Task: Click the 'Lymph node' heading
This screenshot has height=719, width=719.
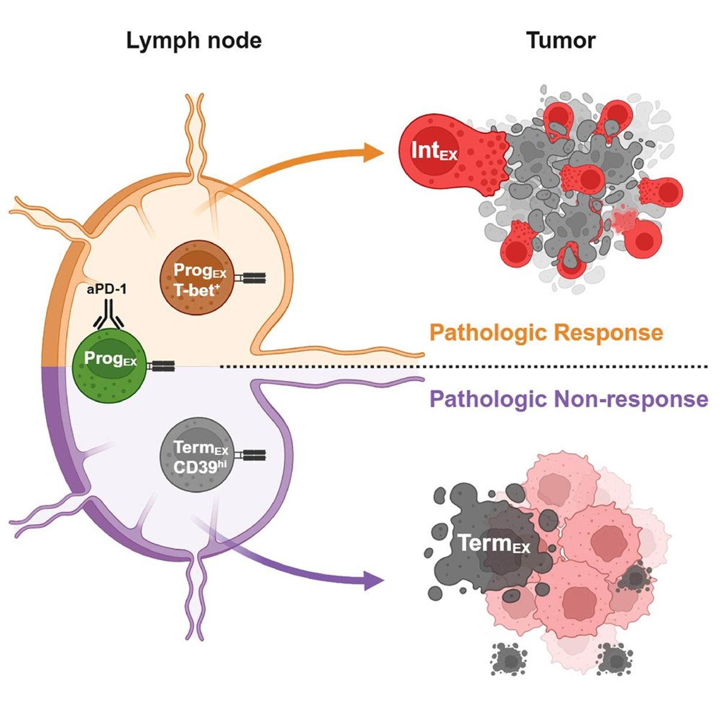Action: (x=194, y=40)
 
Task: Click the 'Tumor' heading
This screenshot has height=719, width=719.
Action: (x=561, y=40)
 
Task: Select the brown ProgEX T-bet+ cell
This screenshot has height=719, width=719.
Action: (x=195, y=278)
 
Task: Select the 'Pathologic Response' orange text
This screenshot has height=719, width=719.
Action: (x=546, y=333)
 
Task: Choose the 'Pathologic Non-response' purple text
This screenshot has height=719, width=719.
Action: (x=569, y=398)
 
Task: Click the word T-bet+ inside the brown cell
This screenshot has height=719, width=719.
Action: (x=195, y=286)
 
